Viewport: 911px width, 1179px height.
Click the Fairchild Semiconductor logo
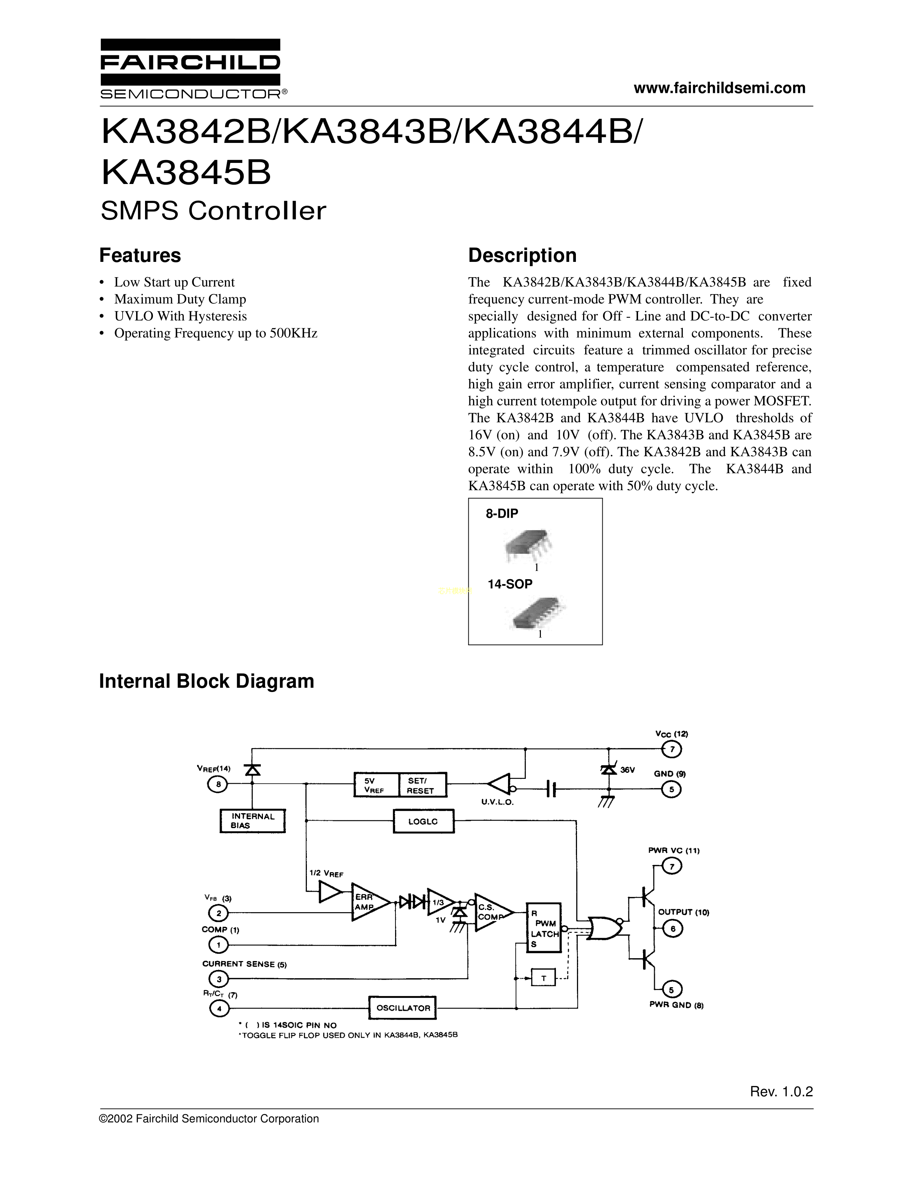tap(190, 69)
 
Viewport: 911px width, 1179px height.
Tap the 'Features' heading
tap(140, 255)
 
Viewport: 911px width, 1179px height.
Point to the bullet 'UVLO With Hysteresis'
tap(180, 316)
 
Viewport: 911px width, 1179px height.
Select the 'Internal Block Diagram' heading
tap(206, 681)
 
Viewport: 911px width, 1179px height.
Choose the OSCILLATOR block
tap(403, 1008)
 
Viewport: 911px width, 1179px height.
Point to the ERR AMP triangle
tap(368, 902)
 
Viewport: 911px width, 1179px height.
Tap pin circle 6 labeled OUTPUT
tap(672, 929)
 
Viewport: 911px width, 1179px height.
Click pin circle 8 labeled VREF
tap(218, 785)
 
